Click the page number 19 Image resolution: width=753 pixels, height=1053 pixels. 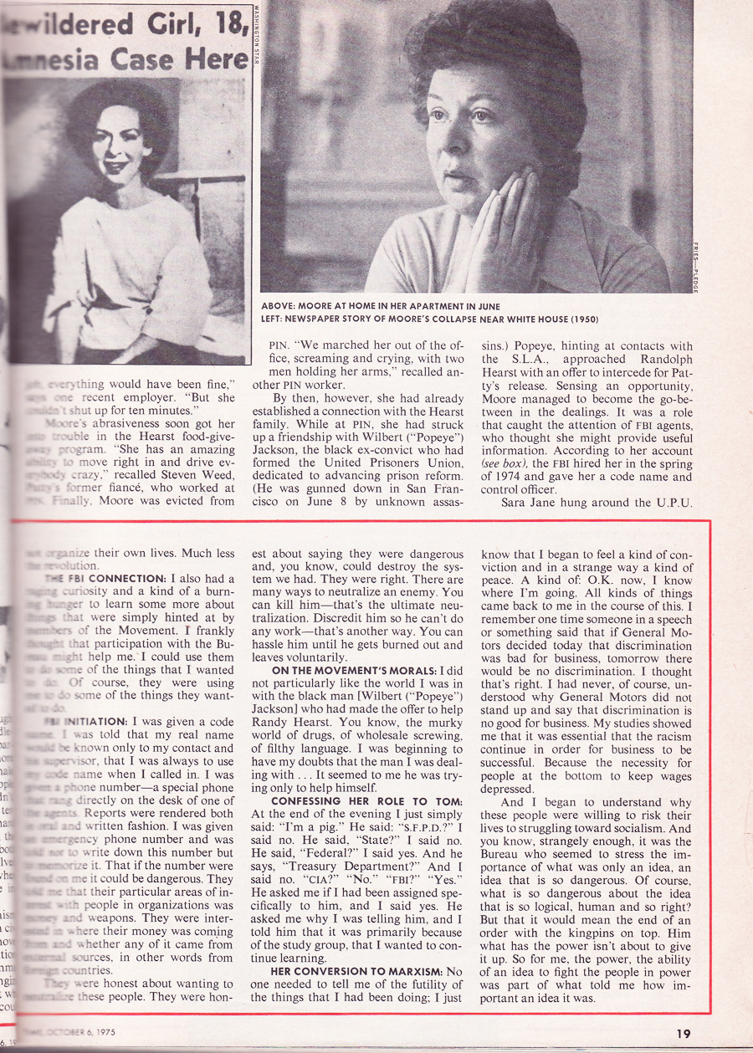coord(684,1034)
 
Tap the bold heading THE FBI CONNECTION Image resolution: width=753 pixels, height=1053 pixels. coord(105,579)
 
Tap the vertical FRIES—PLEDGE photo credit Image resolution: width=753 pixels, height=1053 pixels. coord(694,267)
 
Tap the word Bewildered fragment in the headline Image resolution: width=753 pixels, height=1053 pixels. coord(59,23)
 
